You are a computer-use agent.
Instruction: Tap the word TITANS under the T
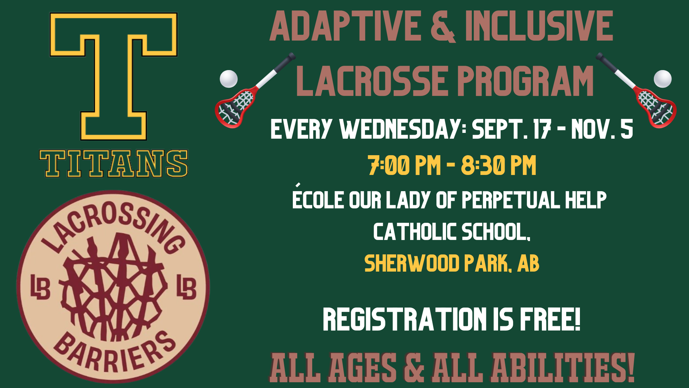pos(113,164)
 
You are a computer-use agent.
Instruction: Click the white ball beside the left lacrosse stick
pos(229,79)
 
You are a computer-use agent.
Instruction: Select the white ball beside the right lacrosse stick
pos(662,79)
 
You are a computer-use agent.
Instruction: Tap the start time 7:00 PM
pos(404,165)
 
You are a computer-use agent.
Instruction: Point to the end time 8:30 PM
pos(498,165)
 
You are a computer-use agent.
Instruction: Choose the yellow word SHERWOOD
pos(412,263)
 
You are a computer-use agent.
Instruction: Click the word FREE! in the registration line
pos(550,319)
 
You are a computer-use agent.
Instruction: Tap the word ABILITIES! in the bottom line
pos(563,368)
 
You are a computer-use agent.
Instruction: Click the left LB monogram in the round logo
pos(40,287)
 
